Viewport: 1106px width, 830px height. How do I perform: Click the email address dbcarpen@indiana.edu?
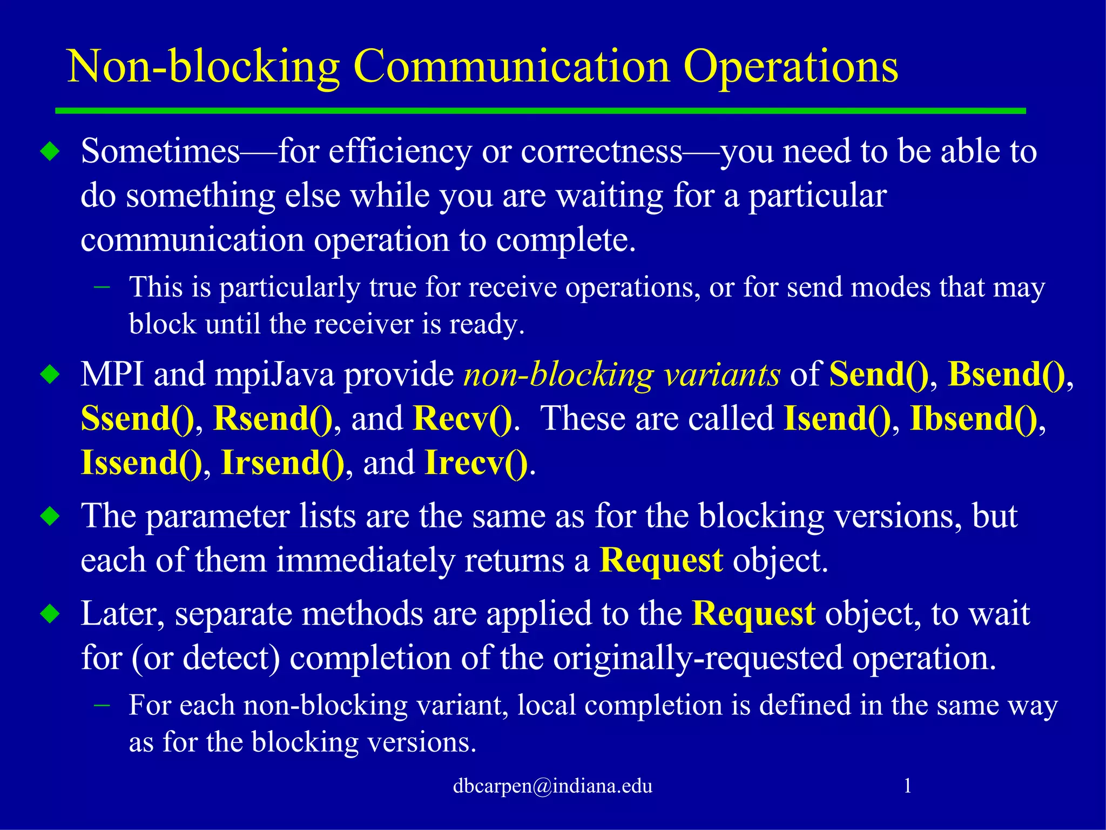point(552,785)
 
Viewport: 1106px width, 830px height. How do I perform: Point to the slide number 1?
point(907,785)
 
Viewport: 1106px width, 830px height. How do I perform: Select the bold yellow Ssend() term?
point(137,418)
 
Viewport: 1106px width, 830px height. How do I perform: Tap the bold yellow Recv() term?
point(462,418)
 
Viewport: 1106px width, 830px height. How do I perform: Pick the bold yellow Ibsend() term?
point(973,418)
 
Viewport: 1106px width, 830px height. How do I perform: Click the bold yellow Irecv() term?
point(476,463)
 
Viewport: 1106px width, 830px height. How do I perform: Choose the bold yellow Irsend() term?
point(282,463)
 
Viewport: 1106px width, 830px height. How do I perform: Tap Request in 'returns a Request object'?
point(661,560)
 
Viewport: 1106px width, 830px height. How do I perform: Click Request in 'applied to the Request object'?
point(753,614)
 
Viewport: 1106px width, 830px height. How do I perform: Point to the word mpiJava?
point(274,374)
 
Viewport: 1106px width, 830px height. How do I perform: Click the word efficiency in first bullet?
point(400,151)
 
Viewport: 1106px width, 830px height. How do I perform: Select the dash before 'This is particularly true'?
point(102,286)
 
